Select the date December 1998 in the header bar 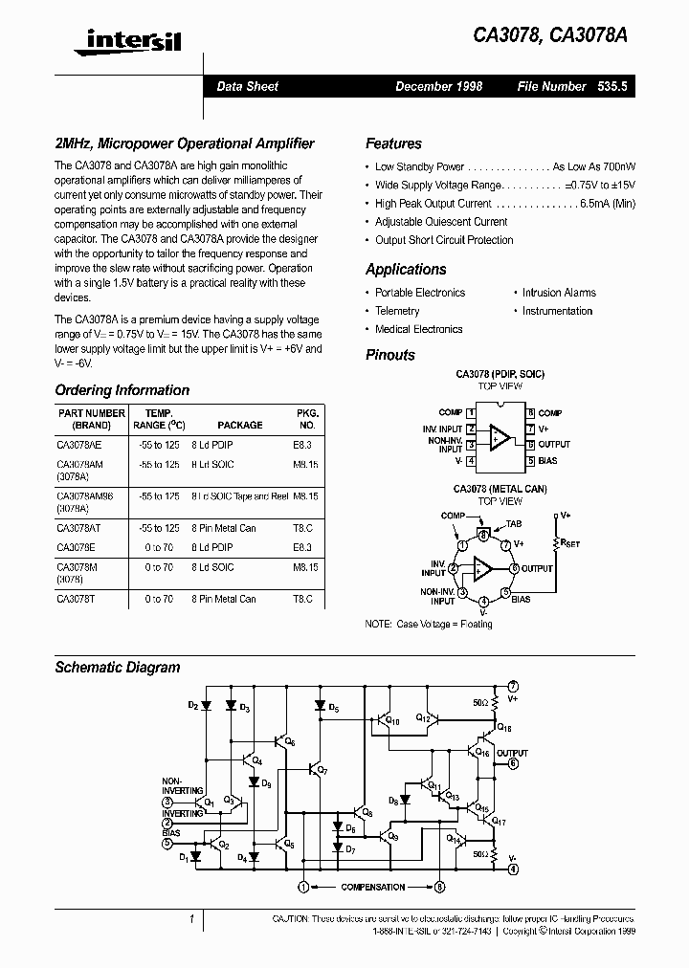click(x=439, y=86)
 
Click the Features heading click(x=393, y=143)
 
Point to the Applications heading click(x=406, y=270)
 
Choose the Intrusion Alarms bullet click(x=559, y=293)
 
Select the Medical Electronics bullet click(x=418, y=329)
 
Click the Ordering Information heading click(x=122, y=390)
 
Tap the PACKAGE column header click(x=239, y=425)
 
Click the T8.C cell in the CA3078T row click(x=303, y=599)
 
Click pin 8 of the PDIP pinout click(x=529, y=412)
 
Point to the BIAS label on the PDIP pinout click(x=548, y=461)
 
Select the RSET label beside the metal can click(x=570, y=543)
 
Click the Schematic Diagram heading click(x=117, y=667)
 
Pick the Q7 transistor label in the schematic click(x=322, y=770)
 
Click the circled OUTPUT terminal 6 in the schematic click(x=513, y=762)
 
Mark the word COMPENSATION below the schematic click(x=372, y=888)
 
